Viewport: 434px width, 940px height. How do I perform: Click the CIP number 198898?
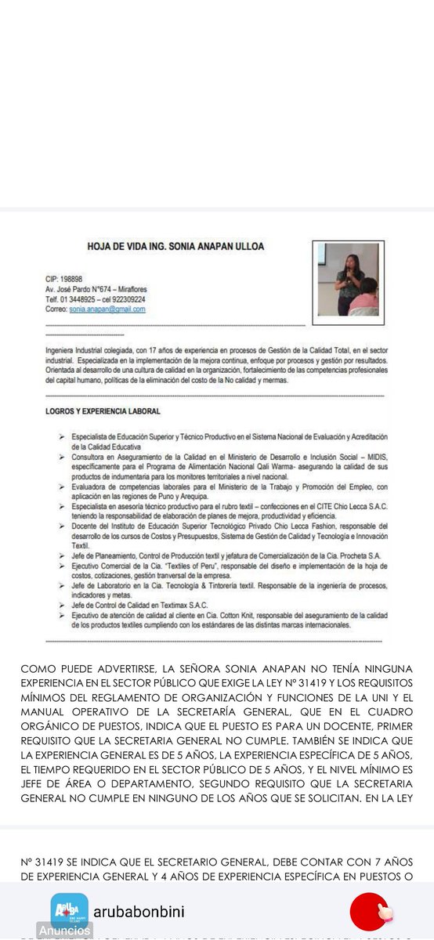[x=63, y=279]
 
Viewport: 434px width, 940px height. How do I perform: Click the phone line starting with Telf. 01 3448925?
[x=95, y=299]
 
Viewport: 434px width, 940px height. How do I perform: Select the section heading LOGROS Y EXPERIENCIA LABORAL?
[x=103, y=411]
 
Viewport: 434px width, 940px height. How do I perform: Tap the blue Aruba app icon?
[x=70, y=911]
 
